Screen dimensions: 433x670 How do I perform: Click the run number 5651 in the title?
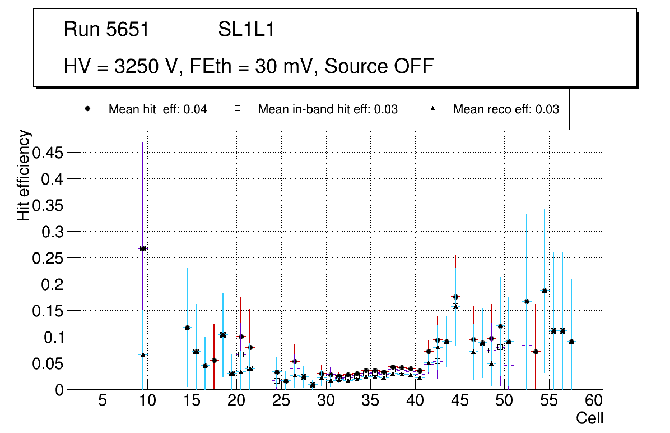click(128, 30)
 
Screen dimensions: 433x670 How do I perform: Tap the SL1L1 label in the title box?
click(246, 30)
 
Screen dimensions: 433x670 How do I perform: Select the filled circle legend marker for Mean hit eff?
click(88, 109)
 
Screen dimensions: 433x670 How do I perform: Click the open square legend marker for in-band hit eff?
click(237, 109)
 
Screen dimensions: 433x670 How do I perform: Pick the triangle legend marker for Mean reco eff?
click(432, 109)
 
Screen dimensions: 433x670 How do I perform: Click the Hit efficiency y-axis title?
click(24, 175)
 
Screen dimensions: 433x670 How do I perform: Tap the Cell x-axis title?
click(589, 418)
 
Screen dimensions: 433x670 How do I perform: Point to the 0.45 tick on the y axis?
click(48, 153)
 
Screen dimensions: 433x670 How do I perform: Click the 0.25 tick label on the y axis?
click(48, 258)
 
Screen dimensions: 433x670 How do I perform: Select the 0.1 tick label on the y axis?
click(53, 337)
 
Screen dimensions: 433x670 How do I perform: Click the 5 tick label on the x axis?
click(102, 401)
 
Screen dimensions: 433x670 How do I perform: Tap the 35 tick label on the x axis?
click(370, 401)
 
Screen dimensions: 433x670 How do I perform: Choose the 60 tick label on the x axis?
click(594, 401)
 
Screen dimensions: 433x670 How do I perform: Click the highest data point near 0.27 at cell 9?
click(143, 248)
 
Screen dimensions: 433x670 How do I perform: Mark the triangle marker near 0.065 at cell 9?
click(143, 354)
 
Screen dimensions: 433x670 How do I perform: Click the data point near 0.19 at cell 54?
click(545, 291)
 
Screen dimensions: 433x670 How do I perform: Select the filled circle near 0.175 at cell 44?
click(455, 297)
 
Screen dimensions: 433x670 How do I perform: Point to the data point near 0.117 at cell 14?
click(187, 328)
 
